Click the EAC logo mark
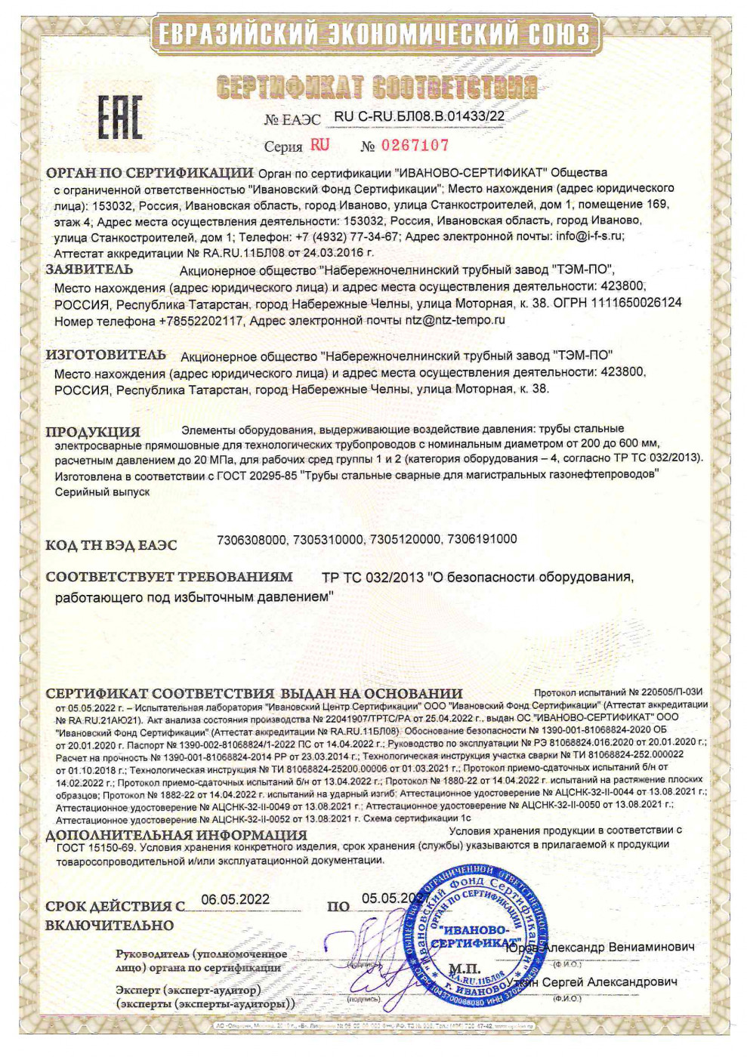[119, 117]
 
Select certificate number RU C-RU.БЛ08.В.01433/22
[419, 116]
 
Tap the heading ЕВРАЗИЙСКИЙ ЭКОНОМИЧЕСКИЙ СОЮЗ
[372, 34]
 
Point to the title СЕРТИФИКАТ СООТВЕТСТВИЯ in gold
[376, 87]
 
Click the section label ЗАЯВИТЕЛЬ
[89, 270]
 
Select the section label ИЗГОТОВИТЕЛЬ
[105, 355]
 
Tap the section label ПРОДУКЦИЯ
[93, 432]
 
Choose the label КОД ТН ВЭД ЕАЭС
[111, 545]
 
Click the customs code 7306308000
[252, 539]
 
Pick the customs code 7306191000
[482, 539]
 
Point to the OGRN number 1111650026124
[638, 303]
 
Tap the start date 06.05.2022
[236, 899]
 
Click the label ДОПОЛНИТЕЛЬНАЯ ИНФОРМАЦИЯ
[176, 836]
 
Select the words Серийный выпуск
[102, 492]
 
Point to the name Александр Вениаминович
[619, 947]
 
